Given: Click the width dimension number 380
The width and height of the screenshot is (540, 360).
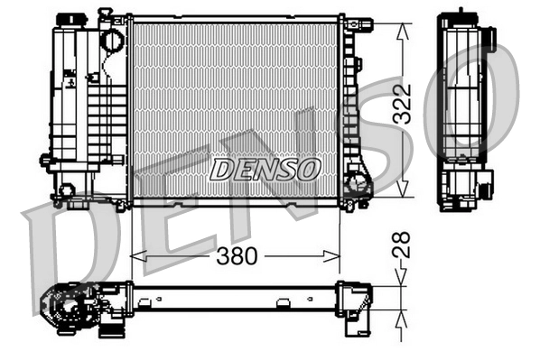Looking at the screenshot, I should click(236, 256).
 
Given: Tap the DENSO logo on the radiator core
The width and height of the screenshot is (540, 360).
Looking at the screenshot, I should click(264, 169).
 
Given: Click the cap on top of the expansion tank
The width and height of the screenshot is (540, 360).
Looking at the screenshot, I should click(69, 20).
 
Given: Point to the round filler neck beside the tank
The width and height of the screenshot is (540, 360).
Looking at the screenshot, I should click(110, 41).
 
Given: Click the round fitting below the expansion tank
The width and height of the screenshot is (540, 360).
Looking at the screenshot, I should click(65, 190).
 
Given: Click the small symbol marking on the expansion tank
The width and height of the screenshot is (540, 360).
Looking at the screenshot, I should click(70, 79).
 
